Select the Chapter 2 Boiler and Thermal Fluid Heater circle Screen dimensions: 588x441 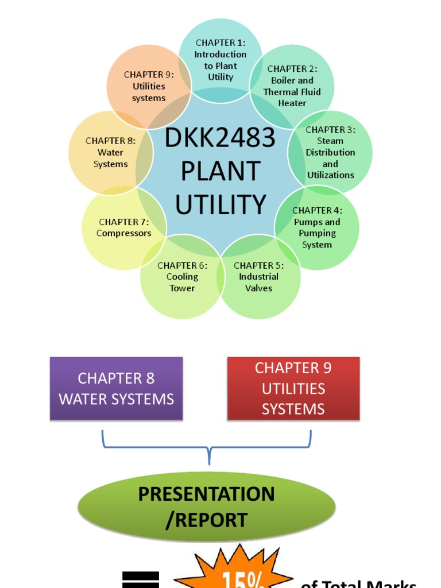pos(292,86)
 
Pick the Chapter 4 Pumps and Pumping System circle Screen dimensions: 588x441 pos(317,228)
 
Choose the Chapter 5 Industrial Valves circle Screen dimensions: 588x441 pos(259,277)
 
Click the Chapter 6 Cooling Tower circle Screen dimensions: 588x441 pos(182,277)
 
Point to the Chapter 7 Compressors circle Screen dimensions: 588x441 pos(123,228)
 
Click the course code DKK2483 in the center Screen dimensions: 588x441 pos(220,138)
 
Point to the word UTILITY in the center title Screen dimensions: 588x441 pos(220,205)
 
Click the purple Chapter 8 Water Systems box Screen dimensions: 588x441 pos(116,389)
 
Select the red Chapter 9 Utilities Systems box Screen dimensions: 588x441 pos(293,389)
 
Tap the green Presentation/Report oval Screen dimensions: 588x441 pos(207,507)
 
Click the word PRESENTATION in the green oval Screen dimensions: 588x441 pos(207,494)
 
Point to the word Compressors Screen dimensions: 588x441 pos(123,233)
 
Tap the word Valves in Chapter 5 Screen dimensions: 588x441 pos(259,288)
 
